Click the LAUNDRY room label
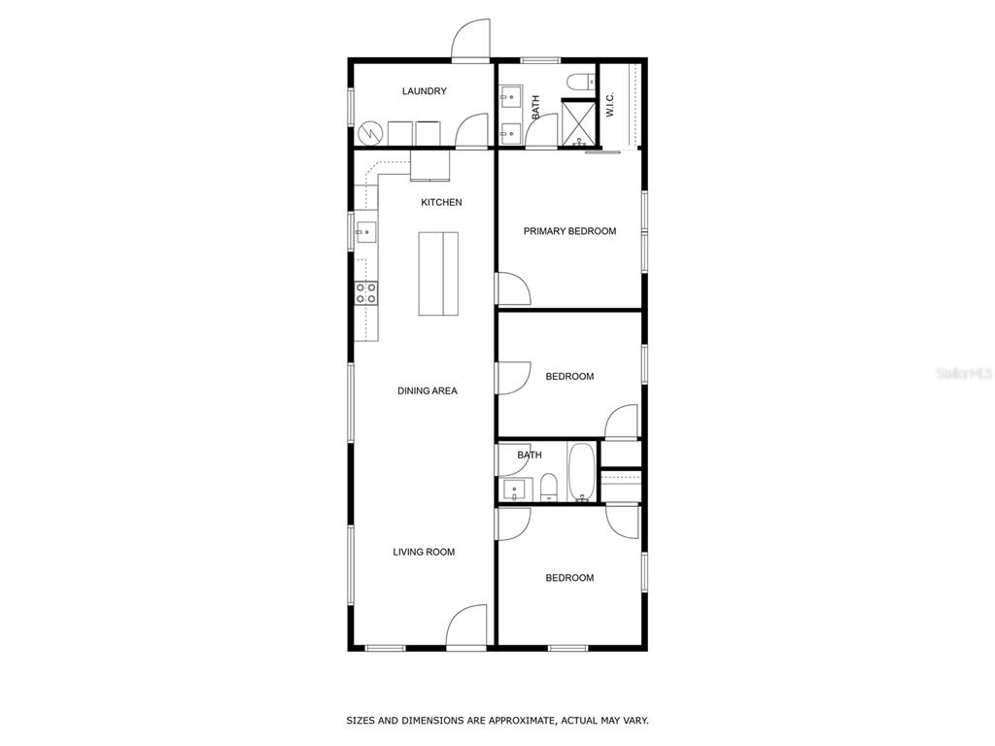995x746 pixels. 424,91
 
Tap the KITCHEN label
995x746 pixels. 442,202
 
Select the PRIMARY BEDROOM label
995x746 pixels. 569,231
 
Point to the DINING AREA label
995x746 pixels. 428,390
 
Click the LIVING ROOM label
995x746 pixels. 424,552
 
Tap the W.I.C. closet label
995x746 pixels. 610,105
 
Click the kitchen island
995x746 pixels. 438,273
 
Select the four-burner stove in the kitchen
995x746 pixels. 366,293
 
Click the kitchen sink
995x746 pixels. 365,232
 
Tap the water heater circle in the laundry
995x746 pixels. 369,133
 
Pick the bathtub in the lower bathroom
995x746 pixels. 581,472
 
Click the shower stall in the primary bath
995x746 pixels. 579,122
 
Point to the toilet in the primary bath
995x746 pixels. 581,82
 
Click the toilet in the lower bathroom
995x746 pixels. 548,487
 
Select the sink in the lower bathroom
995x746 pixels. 514,490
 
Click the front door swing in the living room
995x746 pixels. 466,627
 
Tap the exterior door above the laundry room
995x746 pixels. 471,38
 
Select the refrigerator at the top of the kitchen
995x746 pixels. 430,165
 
